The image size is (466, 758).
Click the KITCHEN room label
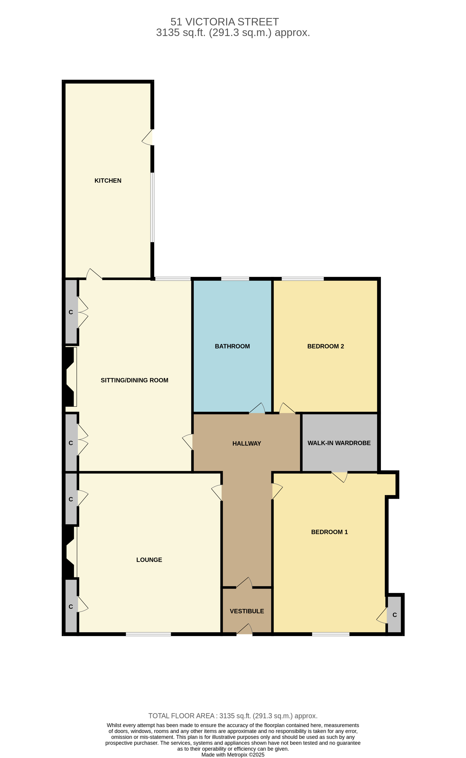coord(108,181)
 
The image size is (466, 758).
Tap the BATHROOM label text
coord(232,346)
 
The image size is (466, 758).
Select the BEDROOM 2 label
coord(326,346)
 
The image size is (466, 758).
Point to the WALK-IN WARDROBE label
coord(339,443)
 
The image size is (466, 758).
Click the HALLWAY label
coord(247,444)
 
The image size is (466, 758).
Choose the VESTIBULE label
coord(247,611)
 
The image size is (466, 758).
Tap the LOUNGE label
coord(149,560)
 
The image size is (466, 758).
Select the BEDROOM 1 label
coord(329,532)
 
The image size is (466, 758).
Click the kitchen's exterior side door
coord(148,137)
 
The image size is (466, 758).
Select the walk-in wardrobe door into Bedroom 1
coord(339,477)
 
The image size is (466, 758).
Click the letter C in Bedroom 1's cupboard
coord(394,615)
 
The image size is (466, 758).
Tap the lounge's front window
coord(148,634)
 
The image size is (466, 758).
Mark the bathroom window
coord(235,279)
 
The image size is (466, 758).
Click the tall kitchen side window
coord(152,207)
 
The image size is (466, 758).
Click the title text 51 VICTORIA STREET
coord(225,22)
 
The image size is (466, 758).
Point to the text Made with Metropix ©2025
coord(233,755)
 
